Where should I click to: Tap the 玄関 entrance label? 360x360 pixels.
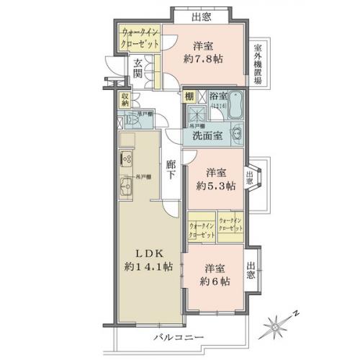coord(138,69)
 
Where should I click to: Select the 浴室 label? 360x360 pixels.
coord(219,95)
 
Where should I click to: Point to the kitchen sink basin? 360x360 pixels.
coord(122,189)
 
